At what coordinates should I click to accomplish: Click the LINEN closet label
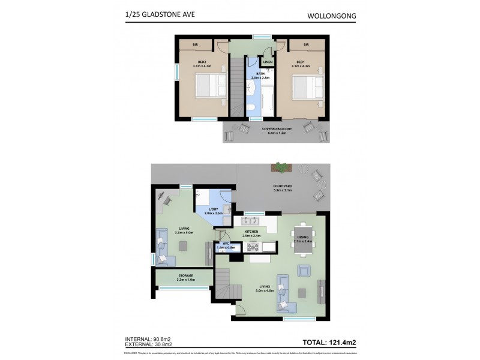(x=268, y=62)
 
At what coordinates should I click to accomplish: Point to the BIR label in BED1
(x=306, y=45)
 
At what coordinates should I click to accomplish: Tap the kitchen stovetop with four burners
(x=253, y=247)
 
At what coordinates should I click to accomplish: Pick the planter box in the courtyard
(x=280, y=166)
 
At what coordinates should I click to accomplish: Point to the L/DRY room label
(x=214, y=210)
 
